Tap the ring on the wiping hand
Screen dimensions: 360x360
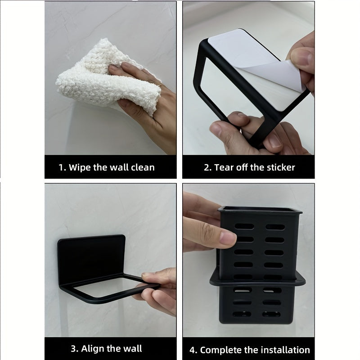(158, 84)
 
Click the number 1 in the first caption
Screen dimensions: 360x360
(62, 167)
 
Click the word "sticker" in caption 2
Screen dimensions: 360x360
(279, 167)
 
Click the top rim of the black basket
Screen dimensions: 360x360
(260, 209)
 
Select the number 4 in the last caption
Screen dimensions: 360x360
(193, 350)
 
